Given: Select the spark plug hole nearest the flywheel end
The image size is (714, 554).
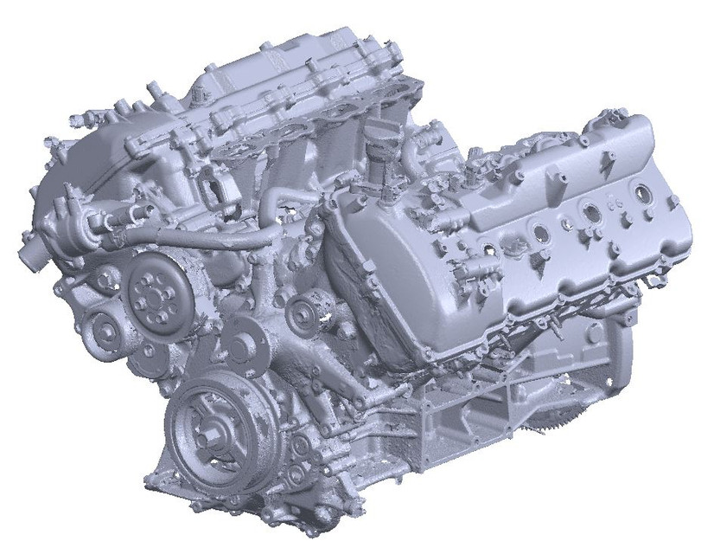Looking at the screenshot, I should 642,190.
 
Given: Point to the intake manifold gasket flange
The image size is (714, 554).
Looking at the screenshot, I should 285,138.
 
